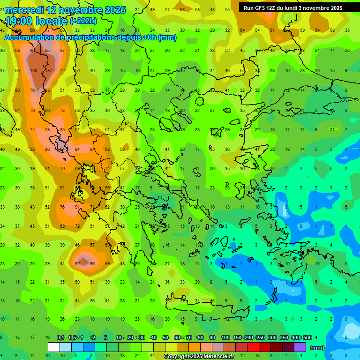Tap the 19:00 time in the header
[x=21, y=21]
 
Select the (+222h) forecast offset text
[x=83, y=21]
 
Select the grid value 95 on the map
[x=47, y=51]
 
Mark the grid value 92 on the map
[x=77, y=264]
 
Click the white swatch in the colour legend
[x=54, y=347]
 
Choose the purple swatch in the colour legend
[x=300, y=347]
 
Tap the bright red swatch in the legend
[x=253, y=347]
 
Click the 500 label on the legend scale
[x=307, y=337]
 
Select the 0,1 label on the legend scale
[x=60, y=337]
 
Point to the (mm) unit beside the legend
[x=317, y=348]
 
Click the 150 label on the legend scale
[x=237, y=337]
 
